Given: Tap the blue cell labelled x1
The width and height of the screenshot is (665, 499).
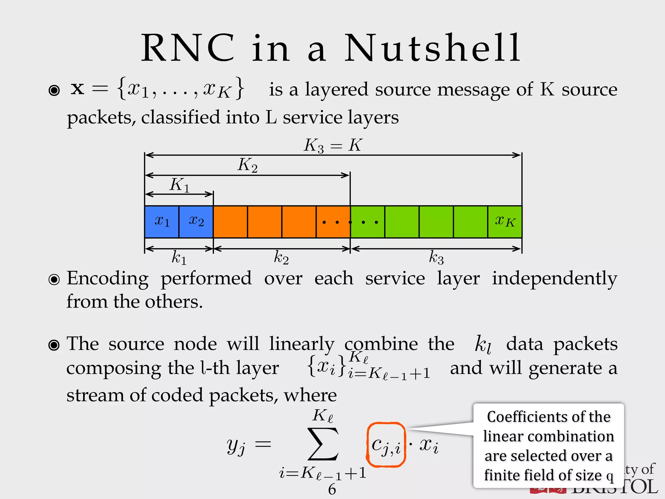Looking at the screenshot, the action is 162,222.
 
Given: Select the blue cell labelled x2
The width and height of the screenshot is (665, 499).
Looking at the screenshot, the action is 196,222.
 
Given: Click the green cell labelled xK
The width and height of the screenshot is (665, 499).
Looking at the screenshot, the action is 505,222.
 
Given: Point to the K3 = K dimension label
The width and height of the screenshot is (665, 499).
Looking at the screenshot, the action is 332,145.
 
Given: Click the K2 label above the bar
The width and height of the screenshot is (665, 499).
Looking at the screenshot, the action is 247,165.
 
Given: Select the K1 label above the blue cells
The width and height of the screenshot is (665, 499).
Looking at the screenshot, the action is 179,185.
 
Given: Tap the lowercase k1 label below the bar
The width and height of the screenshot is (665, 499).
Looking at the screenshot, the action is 179,258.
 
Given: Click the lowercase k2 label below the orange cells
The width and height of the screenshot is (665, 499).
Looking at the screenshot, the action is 281,258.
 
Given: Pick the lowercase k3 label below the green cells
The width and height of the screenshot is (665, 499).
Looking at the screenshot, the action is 436,258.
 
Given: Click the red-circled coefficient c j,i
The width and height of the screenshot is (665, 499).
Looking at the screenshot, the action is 386,445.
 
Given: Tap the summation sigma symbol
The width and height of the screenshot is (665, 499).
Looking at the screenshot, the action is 323,444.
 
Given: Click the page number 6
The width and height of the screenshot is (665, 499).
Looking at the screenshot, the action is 332,489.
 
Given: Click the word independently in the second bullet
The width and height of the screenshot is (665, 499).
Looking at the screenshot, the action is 554,279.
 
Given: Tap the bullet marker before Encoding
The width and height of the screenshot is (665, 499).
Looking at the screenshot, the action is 54,279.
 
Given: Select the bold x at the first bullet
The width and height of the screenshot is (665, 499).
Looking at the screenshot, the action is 78,88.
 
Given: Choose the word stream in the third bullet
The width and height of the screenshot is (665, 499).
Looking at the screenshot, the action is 94,395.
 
